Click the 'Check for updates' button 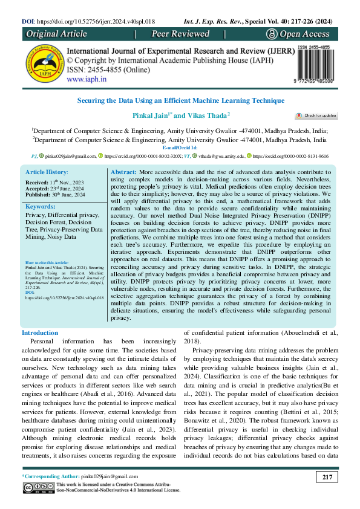click(x=315, y=115)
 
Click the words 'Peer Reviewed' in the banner click(x=180, y=34)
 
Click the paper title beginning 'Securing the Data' click(x=180, y=100)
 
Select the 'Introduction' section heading click(x=40, y=333)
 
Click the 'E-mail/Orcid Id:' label click(x=180, y=147)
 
